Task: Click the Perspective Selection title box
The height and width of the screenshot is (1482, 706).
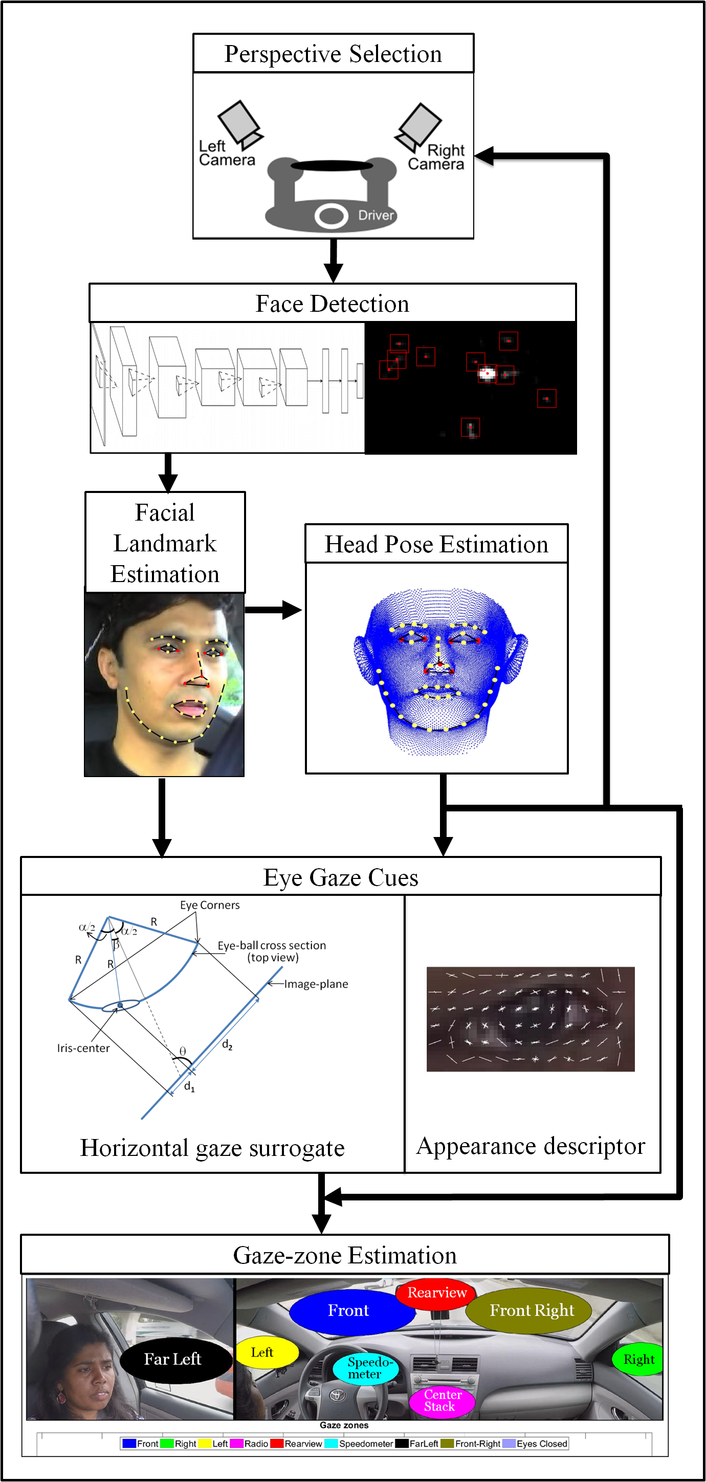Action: (333, 54)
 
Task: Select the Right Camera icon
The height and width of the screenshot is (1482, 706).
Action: (418, 126)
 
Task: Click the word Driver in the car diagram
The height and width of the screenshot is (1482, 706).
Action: (376, 215)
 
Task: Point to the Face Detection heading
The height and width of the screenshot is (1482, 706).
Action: (333, 303)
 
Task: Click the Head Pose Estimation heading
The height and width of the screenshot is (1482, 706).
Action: (436, 544)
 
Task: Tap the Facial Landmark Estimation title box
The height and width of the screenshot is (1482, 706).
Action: (165, 543)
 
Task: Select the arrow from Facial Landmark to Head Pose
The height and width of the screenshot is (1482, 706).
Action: (274, 610)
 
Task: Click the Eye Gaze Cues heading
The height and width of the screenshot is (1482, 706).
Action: (340, 877)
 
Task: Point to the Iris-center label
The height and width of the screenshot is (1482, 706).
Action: (83, 1048)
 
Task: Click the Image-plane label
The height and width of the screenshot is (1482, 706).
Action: (316, 984)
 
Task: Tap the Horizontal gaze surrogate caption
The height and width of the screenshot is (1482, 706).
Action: (212, 1148)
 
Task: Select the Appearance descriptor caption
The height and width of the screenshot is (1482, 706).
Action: (531, 1146)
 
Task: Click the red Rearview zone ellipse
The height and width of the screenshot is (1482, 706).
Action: (437, 1293)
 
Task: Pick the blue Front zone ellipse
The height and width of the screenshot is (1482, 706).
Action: (348, 1310)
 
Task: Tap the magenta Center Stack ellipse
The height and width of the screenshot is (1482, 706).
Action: (442, 1401)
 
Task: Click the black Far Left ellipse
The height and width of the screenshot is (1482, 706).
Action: (172, 1359)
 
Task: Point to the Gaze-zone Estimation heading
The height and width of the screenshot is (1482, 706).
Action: (344, 1255)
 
